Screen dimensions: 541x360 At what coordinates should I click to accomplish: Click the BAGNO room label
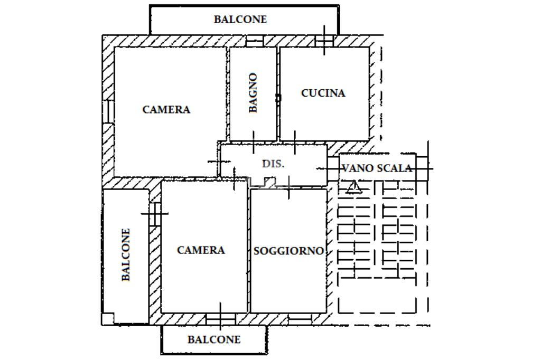253,93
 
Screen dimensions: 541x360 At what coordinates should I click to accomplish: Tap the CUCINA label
323,93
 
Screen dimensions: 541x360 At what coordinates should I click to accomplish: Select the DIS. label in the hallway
273,164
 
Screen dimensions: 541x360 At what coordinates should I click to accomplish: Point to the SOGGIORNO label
289,251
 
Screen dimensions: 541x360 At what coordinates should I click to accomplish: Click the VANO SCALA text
377,168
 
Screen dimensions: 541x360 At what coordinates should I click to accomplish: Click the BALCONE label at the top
240,20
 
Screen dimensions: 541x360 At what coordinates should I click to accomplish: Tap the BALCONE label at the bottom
214,339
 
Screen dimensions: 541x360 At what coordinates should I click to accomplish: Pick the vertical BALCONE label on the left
126,255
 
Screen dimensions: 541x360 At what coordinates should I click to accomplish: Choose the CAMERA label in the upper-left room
166,110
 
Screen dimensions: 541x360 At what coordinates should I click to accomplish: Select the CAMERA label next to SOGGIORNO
201,250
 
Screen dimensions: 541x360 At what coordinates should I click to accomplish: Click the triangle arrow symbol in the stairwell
353,187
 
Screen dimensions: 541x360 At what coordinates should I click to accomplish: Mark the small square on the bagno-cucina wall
278,98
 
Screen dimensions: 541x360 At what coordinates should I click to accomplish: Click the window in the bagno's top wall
255,41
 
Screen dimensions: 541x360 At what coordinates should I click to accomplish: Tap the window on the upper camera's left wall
108,111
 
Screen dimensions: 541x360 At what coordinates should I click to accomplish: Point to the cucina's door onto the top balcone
324,41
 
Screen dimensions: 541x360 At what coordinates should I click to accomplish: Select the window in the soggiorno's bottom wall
300,319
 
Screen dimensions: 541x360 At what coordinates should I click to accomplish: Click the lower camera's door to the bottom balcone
221,319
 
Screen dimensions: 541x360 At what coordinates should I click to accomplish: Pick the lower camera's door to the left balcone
155,213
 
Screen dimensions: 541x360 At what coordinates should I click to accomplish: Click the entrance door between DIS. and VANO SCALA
333,168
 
